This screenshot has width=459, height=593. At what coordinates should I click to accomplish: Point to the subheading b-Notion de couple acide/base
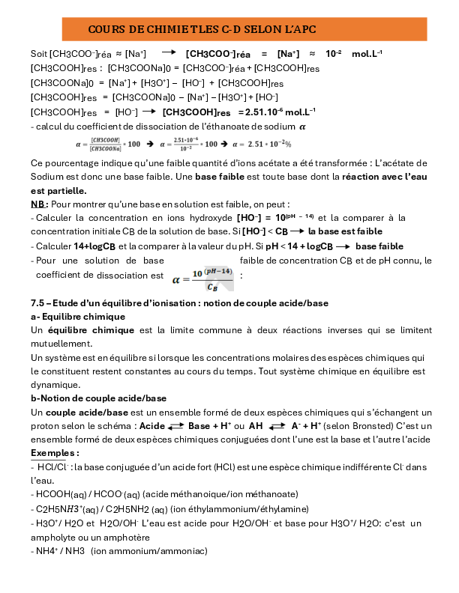(x=98, y=398)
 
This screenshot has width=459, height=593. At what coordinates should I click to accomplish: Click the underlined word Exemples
(x=55, y=453)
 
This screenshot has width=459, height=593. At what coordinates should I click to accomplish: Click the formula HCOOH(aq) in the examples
(x=61, y=494)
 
